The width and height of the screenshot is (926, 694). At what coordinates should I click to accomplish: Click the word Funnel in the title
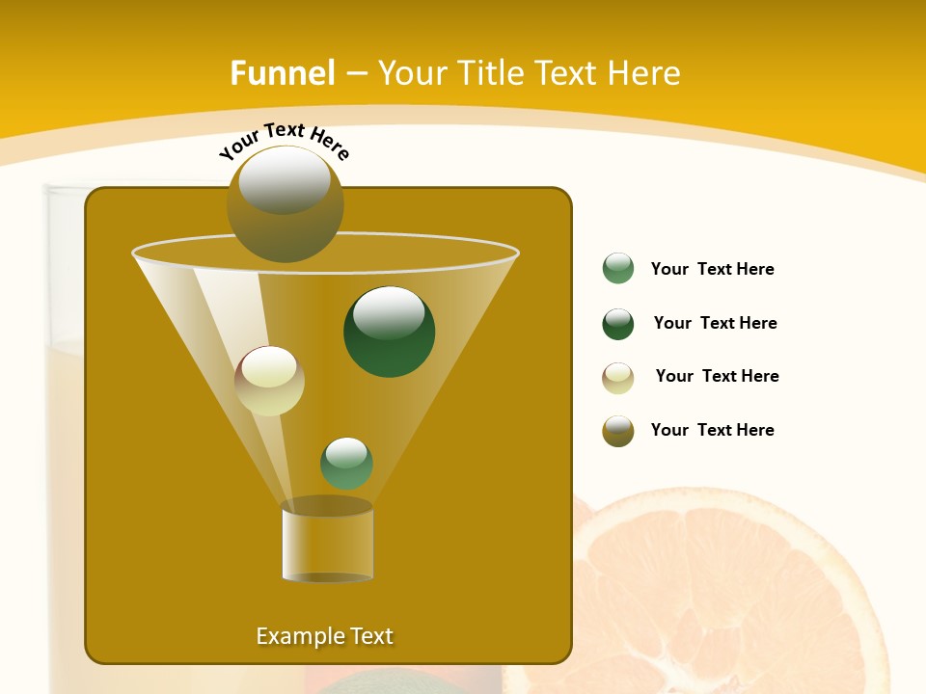tap(283, 73)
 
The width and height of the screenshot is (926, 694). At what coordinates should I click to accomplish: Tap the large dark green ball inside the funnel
tap(390, 332)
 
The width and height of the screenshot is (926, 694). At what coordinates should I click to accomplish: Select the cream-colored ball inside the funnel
tap(270, 381)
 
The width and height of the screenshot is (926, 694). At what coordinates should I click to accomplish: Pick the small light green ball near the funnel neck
tap(346, 463)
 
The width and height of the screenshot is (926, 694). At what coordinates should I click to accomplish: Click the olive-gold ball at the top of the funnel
tap(286, 203)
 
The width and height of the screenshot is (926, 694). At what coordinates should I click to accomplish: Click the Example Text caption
tap(325, 636)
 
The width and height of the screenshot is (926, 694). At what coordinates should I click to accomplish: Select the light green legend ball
tap(618, 269)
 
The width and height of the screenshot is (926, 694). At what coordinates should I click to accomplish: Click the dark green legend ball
tap(618, 324)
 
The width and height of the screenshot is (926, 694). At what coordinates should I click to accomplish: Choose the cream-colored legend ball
tap(618, 378)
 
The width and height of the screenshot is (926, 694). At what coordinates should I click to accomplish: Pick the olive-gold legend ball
tap(618, 431)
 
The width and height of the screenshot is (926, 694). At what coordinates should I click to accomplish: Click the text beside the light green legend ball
tap(712, 269)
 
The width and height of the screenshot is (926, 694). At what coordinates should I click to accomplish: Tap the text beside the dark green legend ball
tap(715, 323)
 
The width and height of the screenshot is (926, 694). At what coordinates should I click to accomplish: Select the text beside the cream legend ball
tap(717, 376)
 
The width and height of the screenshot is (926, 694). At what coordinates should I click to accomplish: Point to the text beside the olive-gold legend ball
tap(712, 430)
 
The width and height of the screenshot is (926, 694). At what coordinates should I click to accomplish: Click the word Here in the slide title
tap(645, 73)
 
